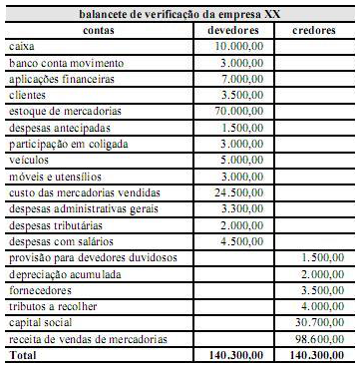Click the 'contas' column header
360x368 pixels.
coord(95,30)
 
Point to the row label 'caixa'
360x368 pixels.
coord(20,47)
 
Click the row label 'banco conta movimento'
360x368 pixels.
coord(59,63)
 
